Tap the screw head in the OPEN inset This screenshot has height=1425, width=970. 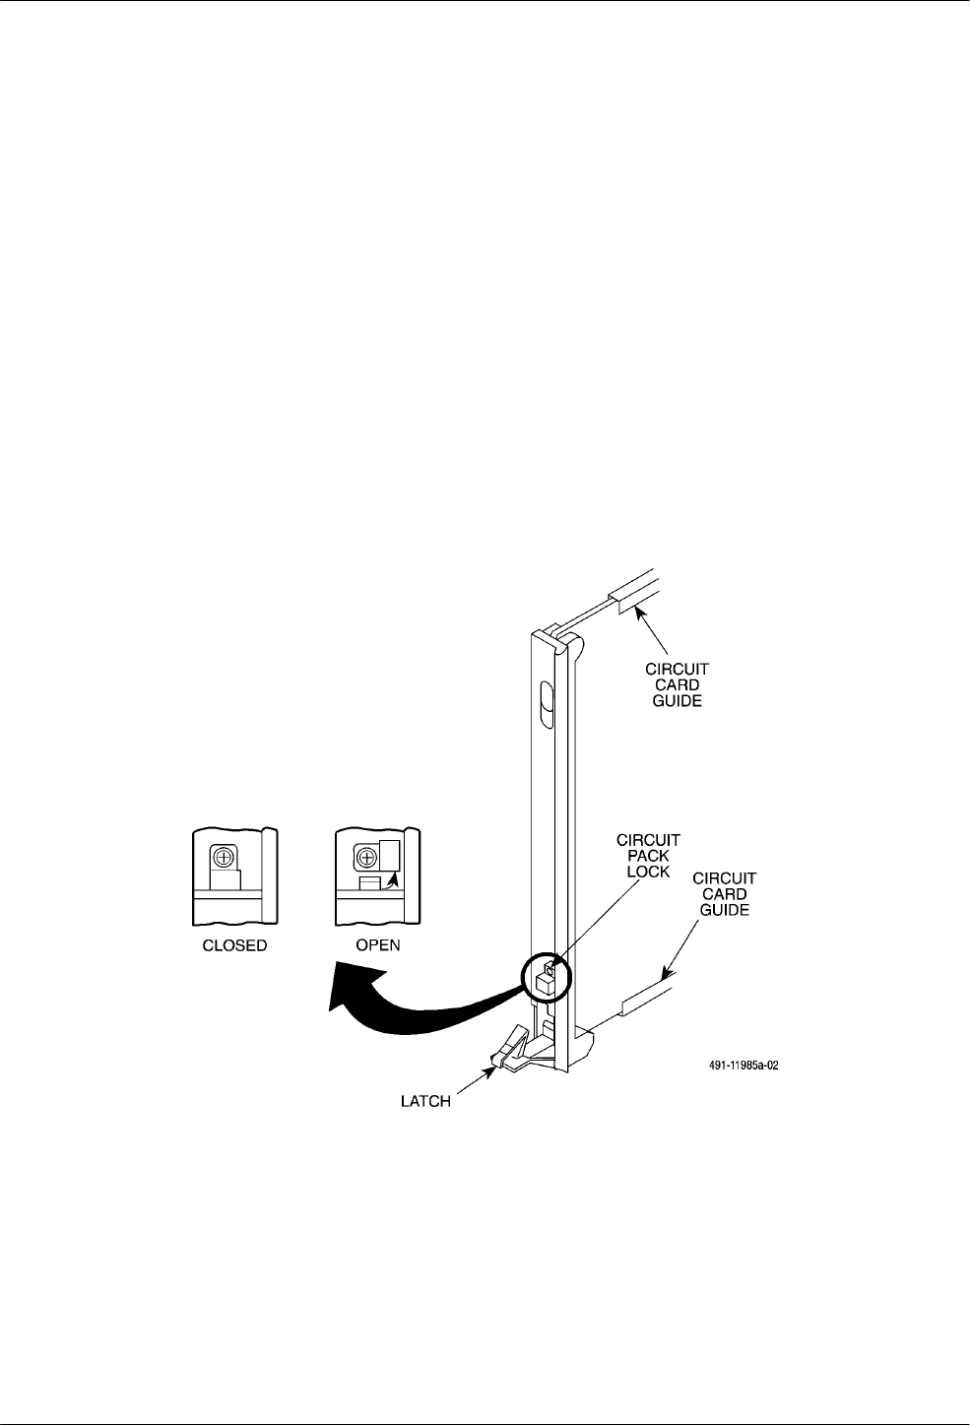pos(365,857)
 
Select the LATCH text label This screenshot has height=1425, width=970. pos(419,1102)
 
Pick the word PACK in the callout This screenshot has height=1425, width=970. pos(648,857)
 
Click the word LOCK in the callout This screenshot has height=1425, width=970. pos(648,873)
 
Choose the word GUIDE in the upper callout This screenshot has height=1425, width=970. pos(678,701)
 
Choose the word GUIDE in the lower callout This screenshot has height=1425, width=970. pos(725,910)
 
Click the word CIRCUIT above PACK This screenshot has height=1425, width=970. pos(648,841)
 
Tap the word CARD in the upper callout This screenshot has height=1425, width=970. pos(678,685)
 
